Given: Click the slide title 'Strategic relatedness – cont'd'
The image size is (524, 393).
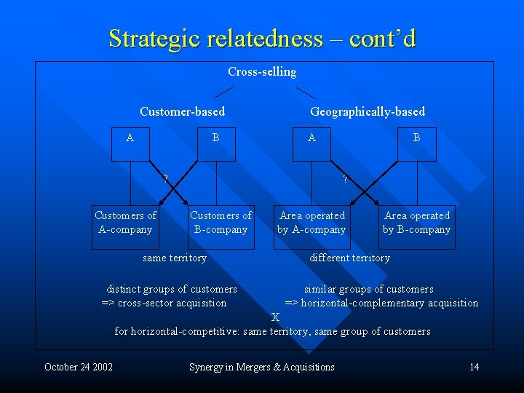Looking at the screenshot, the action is coord(262,38).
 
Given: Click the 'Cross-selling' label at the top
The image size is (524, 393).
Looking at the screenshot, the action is coord(262,71).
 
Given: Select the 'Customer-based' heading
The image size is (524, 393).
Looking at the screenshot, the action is coord(182,111).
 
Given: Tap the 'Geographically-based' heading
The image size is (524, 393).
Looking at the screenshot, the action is coord(368,111).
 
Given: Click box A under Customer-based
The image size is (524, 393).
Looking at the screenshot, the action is coord(130,143).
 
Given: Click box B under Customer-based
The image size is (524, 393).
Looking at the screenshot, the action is coord(215,143).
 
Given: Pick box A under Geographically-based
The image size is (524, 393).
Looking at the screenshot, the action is coord(311,143).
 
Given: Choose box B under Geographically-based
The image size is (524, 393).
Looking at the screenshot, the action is coord(416,143).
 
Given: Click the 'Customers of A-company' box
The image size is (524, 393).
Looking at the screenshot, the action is coord(125,223).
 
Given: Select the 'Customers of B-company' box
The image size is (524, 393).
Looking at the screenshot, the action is coord(221,223).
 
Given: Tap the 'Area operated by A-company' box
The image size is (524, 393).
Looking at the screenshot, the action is coord(311,223).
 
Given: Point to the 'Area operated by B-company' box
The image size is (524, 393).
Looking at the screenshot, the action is coord(417,223).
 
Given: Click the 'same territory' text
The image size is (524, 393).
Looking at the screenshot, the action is coord(175,258).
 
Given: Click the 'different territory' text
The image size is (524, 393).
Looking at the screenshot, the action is coord(350,258).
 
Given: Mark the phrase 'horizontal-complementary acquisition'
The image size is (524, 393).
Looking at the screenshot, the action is coord(389,303).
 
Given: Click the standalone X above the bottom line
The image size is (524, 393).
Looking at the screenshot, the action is coord(275,317).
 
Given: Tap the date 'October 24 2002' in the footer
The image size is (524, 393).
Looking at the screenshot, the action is coord(79,367).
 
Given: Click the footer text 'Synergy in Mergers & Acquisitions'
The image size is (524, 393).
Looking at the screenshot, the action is coord(262,367).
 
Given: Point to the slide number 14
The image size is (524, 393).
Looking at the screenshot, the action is coord(474,367).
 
